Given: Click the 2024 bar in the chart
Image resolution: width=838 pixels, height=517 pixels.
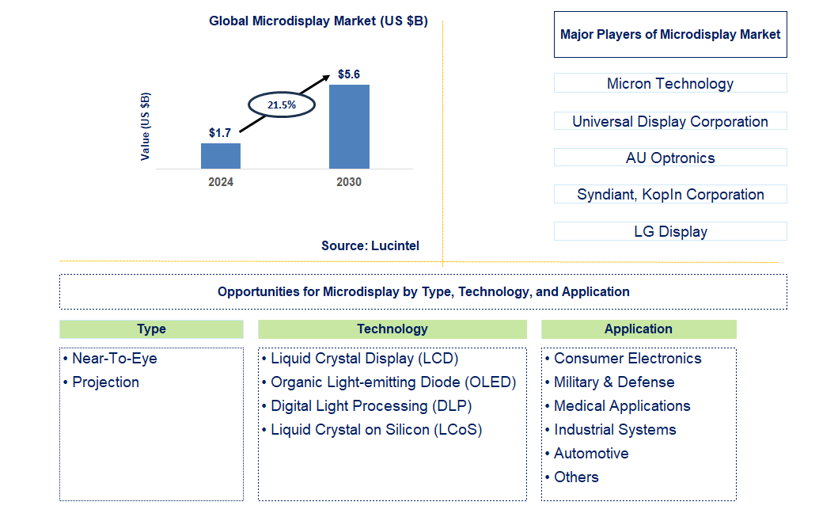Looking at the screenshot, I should (220, 156).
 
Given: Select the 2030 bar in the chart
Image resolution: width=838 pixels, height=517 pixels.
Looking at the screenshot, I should (349, 127).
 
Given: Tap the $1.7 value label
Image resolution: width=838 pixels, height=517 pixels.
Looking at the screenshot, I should (220, 133).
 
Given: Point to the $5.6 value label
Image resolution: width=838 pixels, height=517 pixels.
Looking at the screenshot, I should (349, 74).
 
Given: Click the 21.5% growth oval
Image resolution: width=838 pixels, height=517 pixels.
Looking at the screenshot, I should (282, 105).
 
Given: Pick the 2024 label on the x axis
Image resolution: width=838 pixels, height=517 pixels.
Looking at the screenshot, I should (221, 182).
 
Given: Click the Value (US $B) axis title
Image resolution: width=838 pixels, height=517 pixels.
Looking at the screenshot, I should (145, 127).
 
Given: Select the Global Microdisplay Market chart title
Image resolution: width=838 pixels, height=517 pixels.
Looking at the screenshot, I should (318, 21).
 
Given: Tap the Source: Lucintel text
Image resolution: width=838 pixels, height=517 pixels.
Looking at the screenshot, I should (370, 245).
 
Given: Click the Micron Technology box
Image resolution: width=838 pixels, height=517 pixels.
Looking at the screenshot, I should (670, 83).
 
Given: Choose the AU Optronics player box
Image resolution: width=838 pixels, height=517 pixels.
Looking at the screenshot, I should (670, 158).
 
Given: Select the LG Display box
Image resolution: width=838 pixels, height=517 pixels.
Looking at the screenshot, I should (670, 231).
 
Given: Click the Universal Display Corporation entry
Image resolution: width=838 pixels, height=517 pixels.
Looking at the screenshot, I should (670, 121).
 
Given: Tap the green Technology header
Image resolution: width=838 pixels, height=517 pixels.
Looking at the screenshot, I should (392, 329).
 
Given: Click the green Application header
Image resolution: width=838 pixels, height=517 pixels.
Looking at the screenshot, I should (639, 329).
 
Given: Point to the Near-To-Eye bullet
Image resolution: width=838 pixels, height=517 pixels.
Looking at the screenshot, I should (114, 359).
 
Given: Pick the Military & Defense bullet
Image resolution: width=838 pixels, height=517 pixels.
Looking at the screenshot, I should (614, 382).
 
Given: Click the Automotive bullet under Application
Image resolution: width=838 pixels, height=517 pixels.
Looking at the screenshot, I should (591, 454).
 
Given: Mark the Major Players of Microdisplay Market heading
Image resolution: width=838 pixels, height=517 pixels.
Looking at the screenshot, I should (670, 34).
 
